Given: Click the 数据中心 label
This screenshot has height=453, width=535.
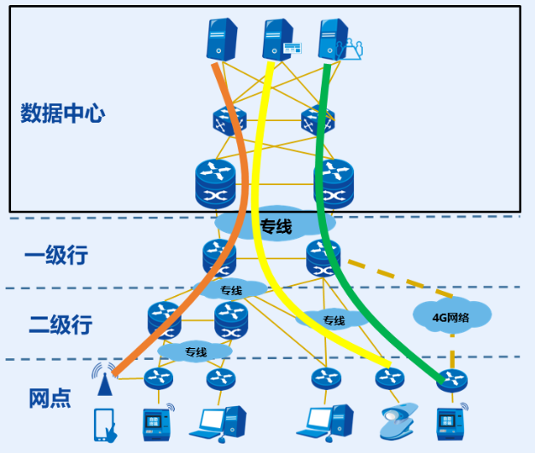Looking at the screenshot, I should point(62,114).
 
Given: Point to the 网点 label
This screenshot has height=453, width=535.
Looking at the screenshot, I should point(49,398).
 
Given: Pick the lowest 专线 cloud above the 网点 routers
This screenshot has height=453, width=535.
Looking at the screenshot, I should point(195,351).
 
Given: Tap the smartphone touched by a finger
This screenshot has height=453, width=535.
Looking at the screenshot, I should point(105,424).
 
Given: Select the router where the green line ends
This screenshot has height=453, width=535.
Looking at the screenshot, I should point(450,378).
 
